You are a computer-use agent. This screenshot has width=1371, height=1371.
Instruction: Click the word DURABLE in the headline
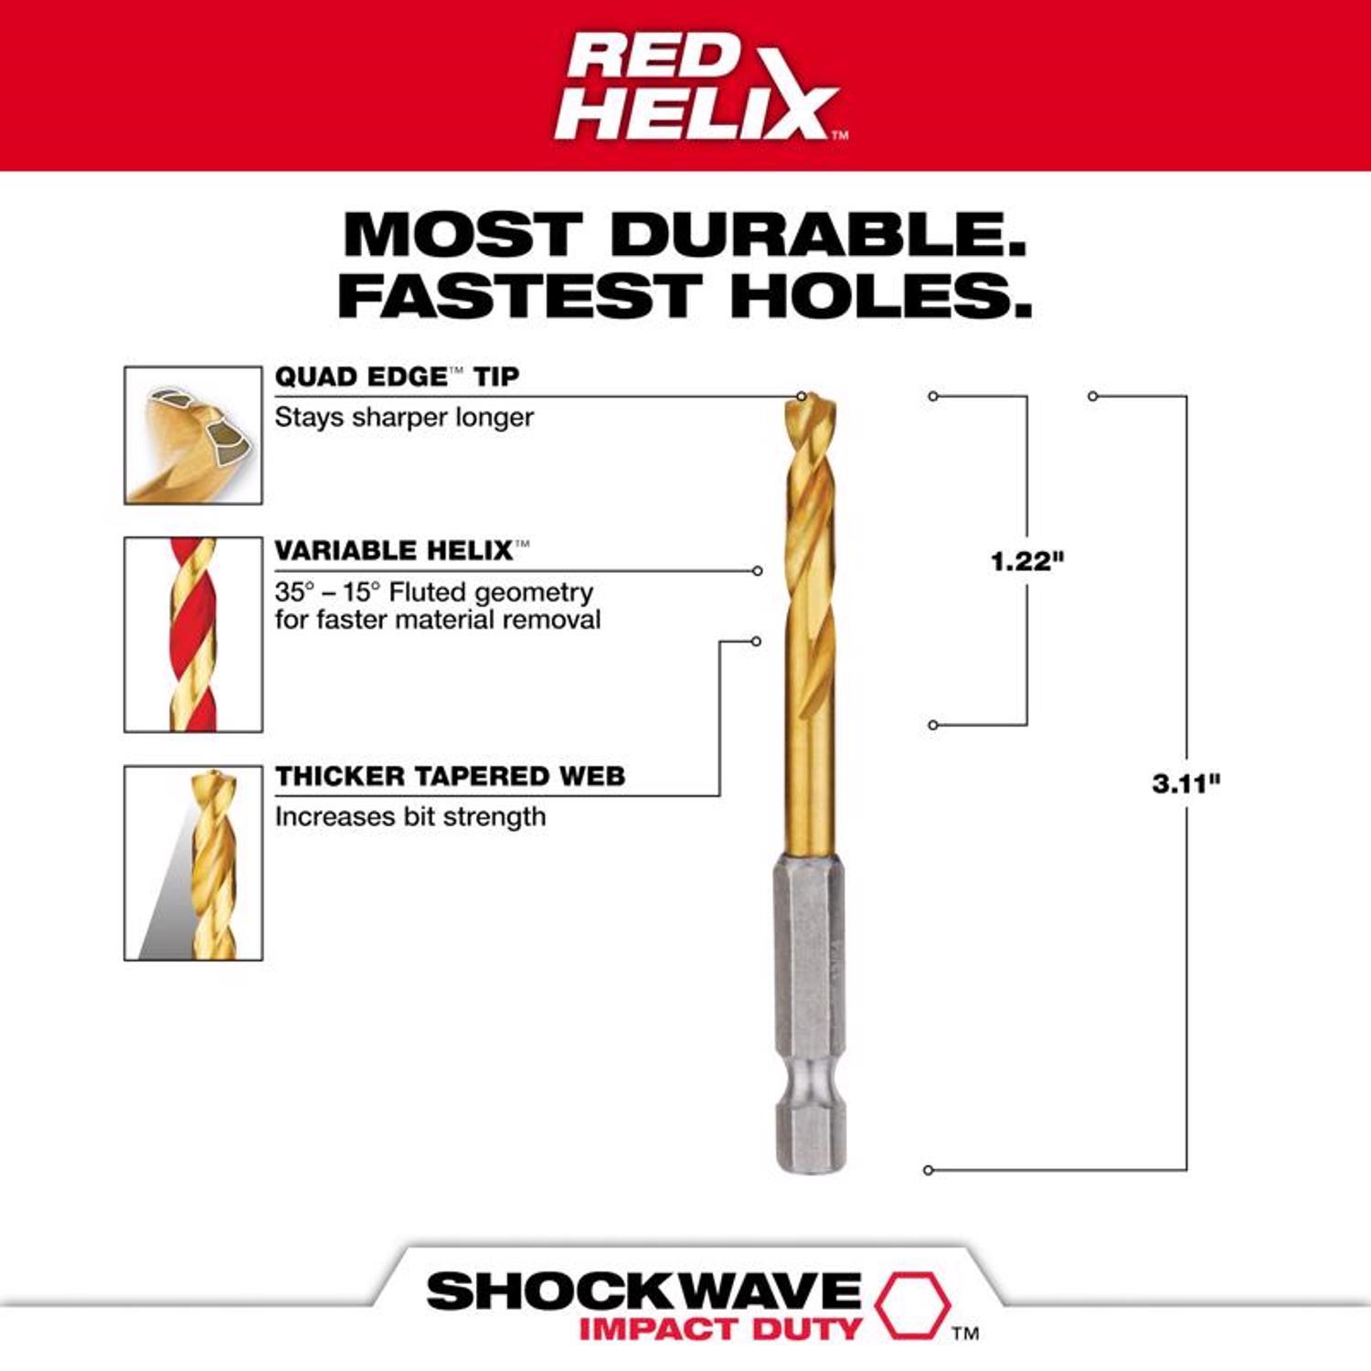tap(819, 235)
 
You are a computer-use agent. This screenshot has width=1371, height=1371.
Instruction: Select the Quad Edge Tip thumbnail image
tap(193, 435)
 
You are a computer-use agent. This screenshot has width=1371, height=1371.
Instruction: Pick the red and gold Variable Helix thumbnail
tap(193, 634)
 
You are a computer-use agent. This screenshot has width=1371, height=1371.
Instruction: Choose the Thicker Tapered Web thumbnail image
tap(193, 863)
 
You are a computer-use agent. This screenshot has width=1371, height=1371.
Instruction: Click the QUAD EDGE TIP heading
tap(397, 377)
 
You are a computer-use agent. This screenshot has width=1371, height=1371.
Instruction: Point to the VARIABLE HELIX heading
tap(394, 550)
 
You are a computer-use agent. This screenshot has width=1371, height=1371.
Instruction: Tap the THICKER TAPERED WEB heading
tap(450, 776)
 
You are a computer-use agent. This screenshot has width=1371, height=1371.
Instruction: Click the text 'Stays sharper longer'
tap(404, 417)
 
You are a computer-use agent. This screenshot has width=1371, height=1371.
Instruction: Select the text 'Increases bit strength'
tap(409, 816)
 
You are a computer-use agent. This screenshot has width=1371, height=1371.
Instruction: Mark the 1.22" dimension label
tap(1027, 560)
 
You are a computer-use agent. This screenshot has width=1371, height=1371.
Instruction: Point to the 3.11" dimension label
tap(1185, 783)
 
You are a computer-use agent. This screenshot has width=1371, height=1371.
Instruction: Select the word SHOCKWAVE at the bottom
tap(643, 1291)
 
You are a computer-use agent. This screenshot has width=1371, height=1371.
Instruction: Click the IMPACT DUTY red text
tap(719, 1328)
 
